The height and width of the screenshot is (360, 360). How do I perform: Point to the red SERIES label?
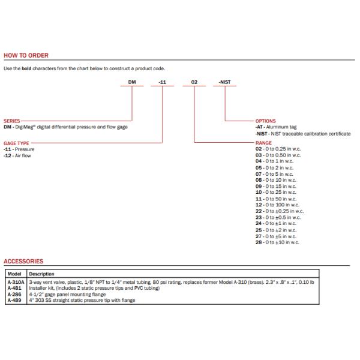pos(13,121)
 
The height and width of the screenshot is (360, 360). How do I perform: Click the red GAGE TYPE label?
pos(17,142)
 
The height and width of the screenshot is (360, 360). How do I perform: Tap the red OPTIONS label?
pos(266,121)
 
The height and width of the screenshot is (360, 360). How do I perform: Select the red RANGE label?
pos(264,143)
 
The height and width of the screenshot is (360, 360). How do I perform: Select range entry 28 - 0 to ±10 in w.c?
pos(278,242)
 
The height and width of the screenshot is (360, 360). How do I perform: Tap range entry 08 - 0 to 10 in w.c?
pos(277,180)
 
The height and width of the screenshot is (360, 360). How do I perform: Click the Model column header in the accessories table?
pos(15,274)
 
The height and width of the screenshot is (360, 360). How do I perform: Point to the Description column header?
pos(42,274)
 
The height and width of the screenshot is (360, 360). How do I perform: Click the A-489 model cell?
pos(14,300)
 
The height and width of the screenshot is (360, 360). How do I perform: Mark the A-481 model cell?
pos(14,288)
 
